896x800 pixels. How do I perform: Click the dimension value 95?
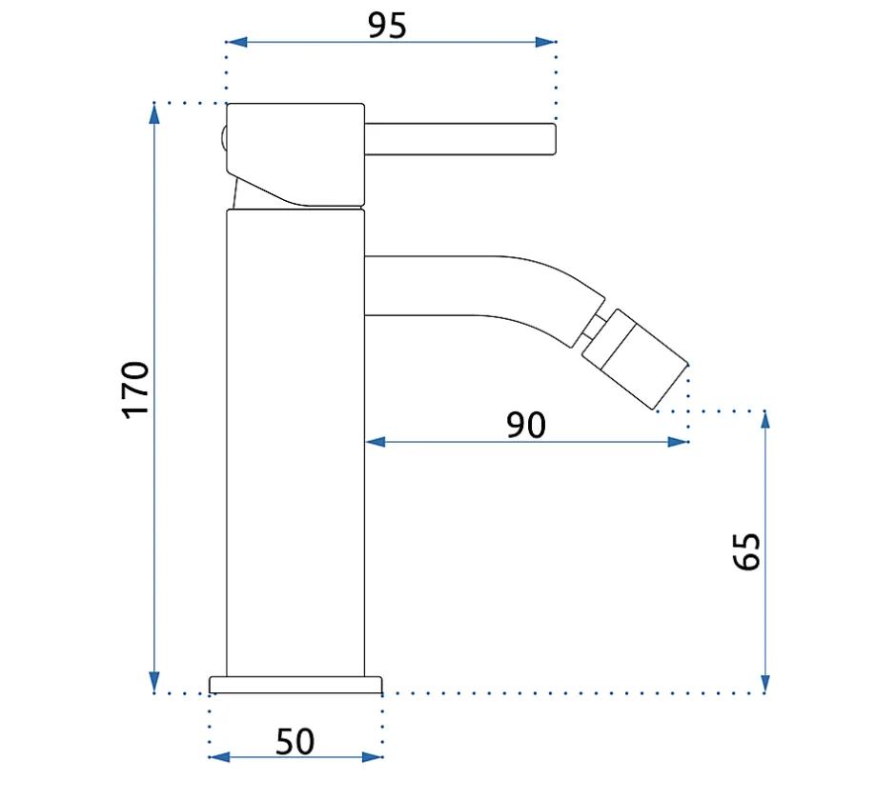tap(387, 26)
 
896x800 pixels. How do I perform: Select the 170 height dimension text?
tap(136, 390)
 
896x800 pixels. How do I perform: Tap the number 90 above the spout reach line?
tap(526, 425)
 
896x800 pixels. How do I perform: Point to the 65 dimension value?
tap(746, 551)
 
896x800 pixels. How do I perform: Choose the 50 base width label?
tap(295, 742)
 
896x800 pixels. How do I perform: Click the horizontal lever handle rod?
tap(460, 139)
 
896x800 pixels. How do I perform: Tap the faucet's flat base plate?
tap(295, 685)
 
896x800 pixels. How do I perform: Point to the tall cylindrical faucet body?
tap(295, 443)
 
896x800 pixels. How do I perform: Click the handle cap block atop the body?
tap(295, 154)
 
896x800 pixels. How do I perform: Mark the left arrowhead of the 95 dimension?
tap(236, 42)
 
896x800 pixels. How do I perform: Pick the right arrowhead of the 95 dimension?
tap(546, 42)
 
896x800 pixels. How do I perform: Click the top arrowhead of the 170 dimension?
tap(153, 113)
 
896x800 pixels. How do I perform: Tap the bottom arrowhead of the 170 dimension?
tap(153, 682)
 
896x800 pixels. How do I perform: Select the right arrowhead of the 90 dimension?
tap(679, 441)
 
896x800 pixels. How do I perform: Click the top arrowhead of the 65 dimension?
tap(765, 420)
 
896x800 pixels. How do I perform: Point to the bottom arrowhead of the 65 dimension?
tap(765, 683)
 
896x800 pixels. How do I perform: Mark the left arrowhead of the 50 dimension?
tap(219, 757)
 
